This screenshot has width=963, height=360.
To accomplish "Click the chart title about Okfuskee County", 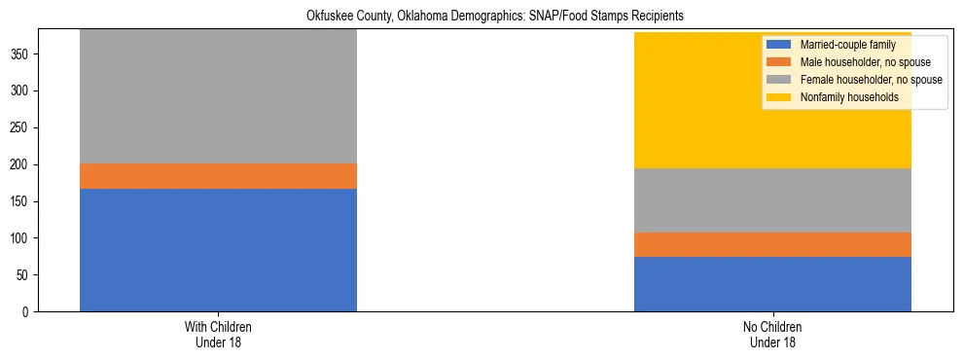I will click(481, 16).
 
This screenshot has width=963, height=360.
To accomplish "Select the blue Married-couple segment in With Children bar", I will click(218, 249).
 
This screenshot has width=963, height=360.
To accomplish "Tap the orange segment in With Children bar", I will click(218, 176).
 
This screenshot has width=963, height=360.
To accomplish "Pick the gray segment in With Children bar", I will click(218, 96).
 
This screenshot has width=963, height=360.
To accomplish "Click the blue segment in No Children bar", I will click(772, 284).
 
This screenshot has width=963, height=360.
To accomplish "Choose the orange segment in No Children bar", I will click(772, 244).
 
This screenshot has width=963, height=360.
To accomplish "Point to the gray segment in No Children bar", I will click(772, 200).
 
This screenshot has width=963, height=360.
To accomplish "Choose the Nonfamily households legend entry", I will click(842, 97).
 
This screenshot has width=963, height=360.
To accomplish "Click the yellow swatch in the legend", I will click(779, 97).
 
